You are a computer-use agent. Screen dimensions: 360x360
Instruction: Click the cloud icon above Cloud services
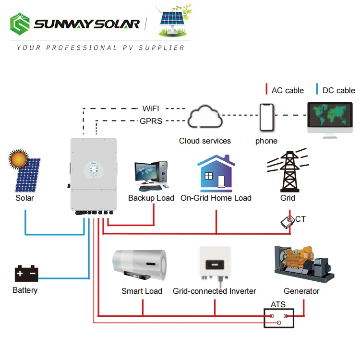(204, 119)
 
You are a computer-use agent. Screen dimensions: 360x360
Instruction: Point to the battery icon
(26, 274)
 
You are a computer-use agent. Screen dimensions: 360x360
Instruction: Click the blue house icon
(216, 173)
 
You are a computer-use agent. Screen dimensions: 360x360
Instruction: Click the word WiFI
(151, 109)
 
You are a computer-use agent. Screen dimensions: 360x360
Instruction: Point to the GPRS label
(151, 121)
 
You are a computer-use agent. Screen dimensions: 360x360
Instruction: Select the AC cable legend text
(288, 90)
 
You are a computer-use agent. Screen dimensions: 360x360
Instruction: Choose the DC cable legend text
(338, 90)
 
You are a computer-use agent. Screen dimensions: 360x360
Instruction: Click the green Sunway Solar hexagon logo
(20, 24)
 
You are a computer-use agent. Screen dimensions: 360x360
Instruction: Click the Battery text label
(25, 290)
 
